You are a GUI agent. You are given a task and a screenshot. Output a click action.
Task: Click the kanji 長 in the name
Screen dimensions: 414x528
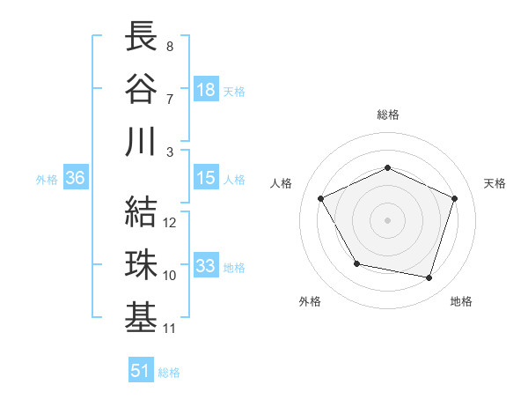(142, 38)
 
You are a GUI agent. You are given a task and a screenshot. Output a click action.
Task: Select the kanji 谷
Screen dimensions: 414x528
(142, 88)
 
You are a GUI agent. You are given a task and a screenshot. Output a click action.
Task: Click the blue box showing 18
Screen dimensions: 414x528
(206, 90)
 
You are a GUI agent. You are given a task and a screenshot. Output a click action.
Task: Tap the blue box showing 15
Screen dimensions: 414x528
(206, 178)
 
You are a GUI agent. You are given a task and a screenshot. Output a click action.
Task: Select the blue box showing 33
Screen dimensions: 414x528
(206, 266)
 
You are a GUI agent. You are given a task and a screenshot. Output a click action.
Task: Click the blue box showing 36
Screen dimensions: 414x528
(76, 178)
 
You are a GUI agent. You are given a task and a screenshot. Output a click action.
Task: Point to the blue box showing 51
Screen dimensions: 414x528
(141, 371)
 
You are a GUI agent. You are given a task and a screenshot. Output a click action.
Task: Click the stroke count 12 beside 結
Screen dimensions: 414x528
(171, 223)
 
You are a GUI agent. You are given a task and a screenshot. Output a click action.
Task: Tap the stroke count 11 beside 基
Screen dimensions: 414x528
(171, 329)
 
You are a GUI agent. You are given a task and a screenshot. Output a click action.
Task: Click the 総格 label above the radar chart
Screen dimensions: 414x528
(387, 115)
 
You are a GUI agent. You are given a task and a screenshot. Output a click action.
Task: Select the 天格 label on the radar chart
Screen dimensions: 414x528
(495, 183)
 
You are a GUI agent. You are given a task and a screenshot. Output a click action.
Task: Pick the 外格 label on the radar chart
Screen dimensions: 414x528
(310, 301)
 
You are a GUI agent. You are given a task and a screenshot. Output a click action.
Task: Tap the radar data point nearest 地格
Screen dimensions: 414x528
(429, 277)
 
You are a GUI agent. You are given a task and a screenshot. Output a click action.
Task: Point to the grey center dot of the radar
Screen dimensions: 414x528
(387, 219)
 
